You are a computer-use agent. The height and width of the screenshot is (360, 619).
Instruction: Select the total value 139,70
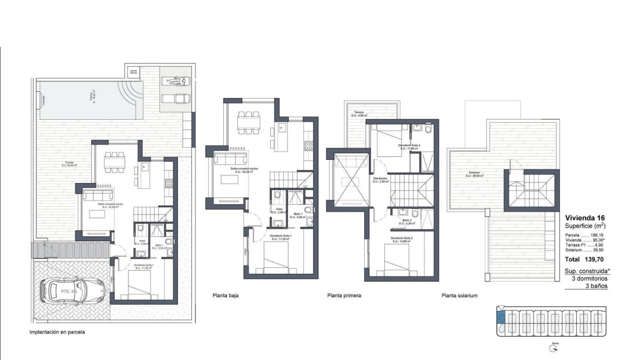(x=595, y=259)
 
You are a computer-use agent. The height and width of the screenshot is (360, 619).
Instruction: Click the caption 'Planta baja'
(x=225, y=296)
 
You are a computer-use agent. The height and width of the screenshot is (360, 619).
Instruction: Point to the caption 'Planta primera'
(x=344, y=296)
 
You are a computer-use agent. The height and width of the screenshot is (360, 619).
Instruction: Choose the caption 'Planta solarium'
(x=459, y=296)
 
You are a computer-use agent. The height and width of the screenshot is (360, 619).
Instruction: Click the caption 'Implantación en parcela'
(x=57, y=333)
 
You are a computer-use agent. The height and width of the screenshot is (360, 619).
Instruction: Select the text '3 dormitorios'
(x=590, y=278)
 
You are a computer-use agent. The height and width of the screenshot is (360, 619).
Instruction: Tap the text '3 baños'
(x=597, y=286)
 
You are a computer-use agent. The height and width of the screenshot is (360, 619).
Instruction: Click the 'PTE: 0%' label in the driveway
(x=69, y=291)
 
